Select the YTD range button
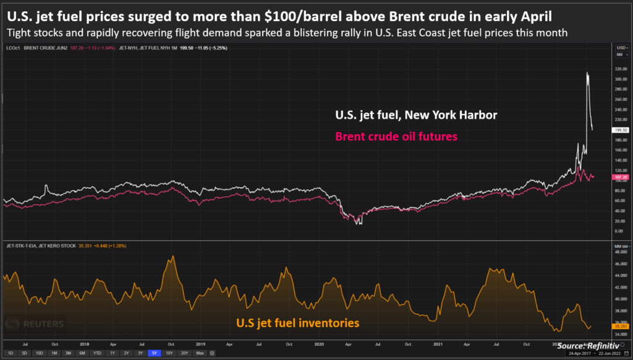tap(96, 353)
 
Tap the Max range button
tap(199, 353)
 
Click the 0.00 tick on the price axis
tap(618, 231)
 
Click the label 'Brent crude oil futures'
tap(396, 136)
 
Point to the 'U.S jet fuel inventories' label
tap(297, 322)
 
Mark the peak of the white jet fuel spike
tap(587, 73)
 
